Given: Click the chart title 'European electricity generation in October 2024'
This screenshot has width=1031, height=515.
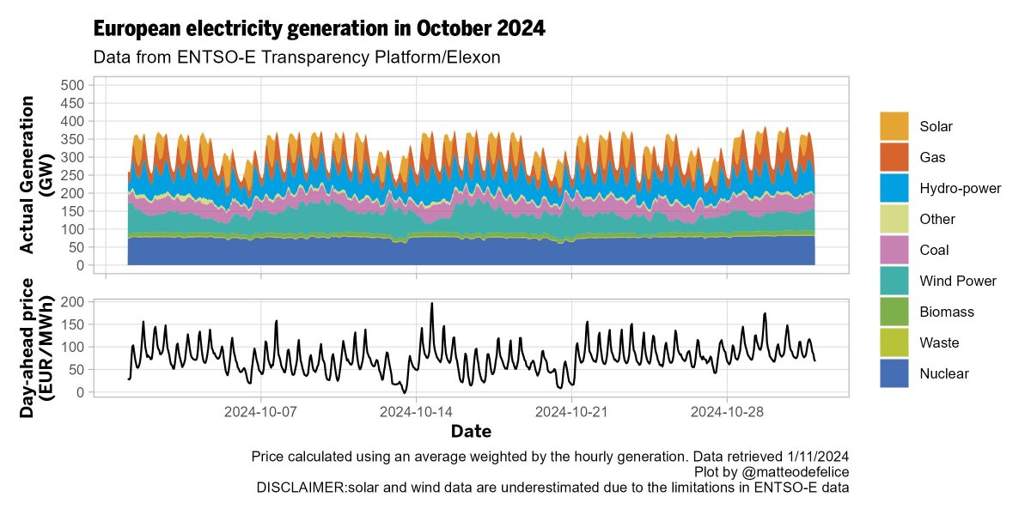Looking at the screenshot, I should pos(319,28).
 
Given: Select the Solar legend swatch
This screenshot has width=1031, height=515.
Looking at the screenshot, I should pos(894,126).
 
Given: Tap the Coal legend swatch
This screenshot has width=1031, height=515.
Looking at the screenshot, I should pos(894,250).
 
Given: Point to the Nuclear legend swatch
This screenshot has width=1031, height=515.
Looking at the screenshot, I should pos(894,373).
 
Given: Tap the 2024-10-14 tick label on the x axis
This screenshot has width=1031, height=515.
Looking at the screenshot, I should pos(417,411).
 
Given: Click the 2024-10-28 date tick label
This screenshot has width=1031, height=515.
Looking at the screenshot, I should pos(728,411).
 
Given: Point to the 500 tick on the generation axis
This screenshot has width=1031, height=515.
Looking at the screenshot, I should pos(72,85).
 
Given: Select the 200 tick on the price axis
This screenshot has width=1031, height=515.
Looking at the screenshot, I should pos(72,302).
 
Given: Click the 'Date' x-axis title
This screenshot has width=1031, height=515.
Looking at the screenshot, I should pos(471,430).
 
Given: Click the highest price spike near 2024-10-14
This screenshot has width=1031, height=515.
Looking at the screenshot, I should pos(431,303).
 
